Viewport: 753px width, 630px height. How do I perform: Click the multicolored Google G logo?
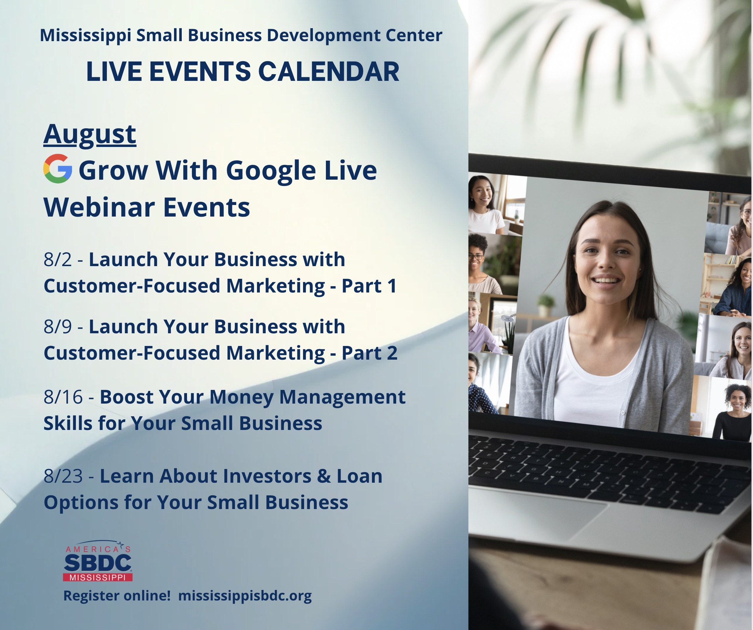58,168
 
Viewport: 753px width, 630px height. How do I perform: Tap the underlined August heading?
90,134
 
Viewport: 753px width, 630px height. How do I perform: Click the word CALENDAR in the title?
328,71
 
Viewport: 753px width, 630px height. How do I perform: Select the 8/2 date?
58,259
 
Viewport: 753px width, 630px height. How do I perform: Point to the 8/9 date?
58,327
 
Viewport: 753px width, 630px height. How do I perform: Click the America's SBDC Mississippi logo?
98,561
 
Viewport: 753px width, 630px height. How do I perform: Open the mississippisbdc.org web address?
245,596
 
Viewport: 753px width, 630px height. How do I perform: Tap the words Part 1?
369,286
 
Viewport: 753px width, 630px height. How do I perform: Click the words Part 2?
369,353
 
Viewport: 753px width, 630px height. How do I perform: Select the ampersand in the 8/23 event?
324,476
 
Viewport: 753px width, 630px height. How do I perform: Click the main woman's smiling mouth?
606,279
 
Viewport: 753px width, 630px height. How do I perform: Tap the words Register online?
117,596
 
